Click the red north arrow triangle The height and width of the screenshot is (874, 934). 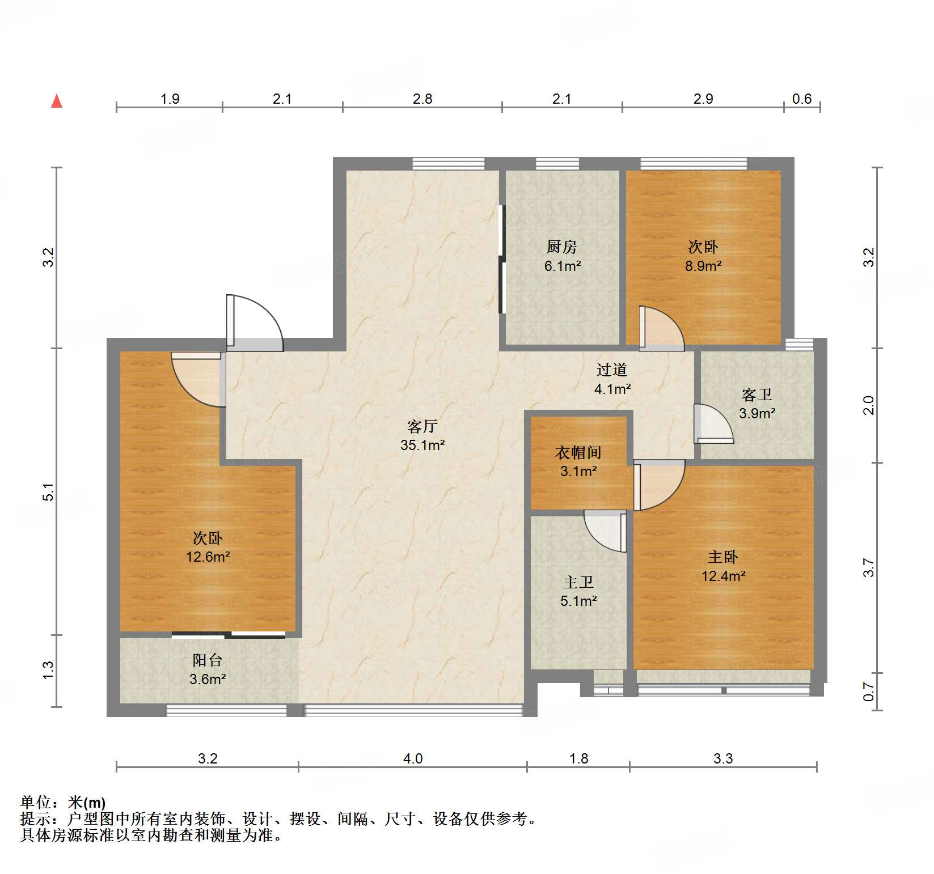[57, 101]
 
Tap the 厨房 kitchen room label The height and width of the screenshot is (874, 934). [561, 247]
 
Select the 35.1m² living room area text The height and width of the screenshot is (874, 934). [422, 446]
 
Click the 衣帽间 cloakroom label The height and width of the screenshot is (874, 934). [578, 452]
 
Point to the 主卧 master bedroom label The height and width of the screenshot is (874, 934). [722, 557]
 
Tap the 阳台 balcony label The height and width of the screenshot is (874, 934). [207, 660]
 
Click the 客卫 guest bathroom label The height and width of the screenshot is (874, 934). [757, 394]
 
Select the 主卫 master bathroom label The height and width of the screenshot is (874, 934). [578, 582]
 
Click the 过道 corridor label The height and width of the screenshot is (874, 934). [611, 370]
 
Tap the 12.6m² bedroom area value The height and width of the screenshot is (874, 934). [208, 557]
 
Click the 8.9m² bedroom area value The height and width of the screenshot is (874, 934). [703, 266]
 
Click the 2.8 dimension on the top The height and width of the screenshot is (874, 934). [422, 99]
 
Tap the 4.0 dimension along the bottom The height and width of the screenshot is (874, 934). [412, 758]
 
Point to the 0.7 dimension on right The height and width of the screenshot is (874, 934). [868, 691]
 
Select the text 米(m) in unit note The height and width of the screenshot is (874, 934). [87, 803]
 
